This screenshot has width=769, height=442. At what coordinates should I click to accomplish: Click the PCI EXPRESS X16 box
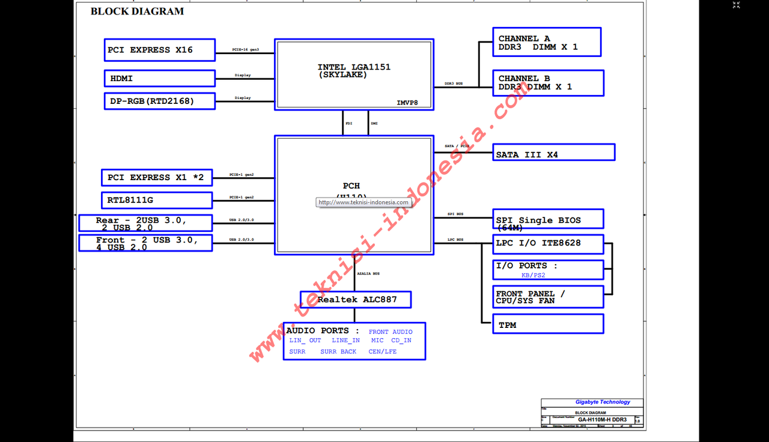click(159, 50)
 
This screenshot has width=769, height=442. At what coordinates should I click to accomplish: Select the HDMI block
click(159, 79)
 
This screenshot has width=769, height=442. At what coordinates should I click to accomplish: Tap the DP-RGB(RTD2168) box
click(159, 101)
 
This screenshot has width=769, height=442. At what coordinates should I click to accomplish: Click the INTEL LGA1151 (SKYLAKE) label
click(354, 71)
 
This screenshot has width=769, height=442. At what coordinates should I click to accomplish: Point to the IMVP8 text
click(407, 103)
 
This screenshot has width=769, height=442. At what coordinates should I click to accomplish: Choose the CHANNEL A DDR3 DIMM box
click(546, 42)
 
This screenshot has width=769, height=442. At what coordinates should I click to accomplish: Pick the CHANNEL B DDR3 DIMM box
click(548, 83)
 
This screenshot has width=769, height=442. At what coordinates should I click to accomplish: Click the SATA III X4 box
click(553, 153)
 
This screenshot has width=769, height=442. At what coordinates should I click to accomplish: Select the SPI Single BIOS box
click(548, 219)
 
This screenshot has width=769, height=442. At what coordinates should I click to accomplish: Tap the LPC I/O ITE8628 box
click(548, 244)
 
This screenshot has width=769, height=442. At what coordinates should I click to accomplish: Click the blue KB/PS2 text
click(533, 275)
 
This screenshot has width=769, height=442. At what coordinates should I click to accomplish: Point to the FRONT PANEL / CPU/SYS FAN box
click(548, 297)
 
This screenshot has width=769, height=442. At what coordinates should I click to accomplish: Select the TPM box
click(548, 324)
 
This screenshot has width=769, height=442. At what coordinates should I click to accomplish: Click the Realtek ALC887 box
click(356, 299)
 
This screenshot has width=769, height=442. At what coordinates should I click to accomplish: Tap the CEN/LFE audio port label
click(383, 352)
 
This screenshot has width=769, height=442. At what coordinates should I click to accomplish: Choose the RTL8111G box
click(157, 200)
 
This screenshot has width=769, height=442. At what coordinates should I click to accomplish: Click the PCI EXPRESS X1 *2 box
click(157, 178)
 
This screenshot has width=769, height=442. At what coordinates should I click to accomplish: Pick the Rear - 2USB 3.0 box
click(145, 223)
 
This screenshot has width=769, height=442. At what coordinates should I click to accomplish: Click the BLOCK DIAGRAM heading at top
click(137, 11)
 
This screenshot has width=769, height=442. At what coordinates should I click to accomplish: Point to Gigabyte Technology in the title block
click(603, 402)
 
